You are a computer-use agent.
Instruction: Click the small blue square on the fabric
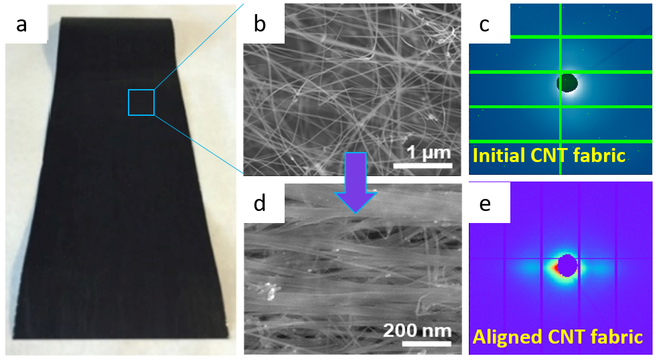tap(141, 102)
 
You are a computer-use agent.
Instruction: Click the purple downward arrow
tap(355, 183)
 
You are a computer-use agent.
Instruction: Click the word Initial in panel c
tap(498, 156)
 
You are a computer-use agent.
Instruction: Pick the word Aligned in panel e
tap(504, 336)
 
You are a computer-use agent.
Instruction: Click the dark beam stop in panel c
tap(568, 82)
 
